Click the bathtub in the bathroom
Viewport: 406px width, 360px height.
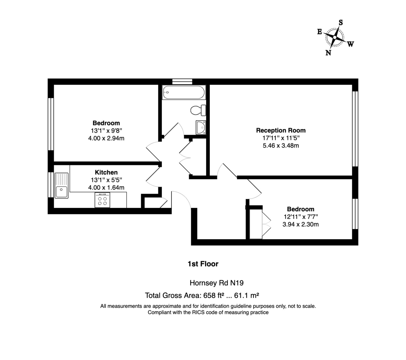click(x=184, y=92)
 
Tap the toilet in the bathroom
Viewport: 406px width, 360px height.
click(x=198, y=110)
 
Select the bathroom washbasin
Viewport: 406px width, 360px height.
click(x=201, y=127)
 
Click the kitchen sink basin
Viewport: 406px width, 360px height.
click(x=62, y=192)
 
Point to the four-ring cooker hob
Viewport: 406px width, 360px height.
click(x=102, y=200)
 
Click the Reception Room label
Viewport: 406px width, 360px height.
click(x=281, y=130)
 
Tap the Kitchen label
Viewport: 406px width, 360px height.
click(x=106, y=172)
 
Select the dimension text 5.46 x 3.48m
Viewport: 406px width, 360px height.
click(x=281, y=145)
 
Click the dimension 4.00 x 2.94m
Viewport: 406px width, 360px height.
click(x=106, y=138)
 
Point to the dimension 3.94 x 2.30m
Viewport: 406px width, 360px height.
click(x=300, y=224)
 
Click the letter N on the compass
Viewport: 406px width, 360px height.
click(x=328, y=52)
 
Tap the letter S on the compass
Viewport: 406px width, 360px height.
click(x=340, y=22)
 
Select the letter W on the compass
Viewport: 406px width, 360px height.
click(x=350, y=44)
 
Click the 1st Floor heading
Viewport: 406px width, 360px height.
click(x=203, y=264)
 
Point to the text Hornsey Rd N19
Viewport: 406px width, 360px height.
click(x=217, y=283)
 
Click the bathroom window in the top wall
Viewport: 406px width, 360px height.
click(x=182, y=82)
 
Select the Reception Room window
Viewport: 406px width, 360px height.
click(x=355, y=129)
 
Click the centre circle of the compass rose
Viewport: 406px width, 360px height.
click(x=335, y=37)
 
